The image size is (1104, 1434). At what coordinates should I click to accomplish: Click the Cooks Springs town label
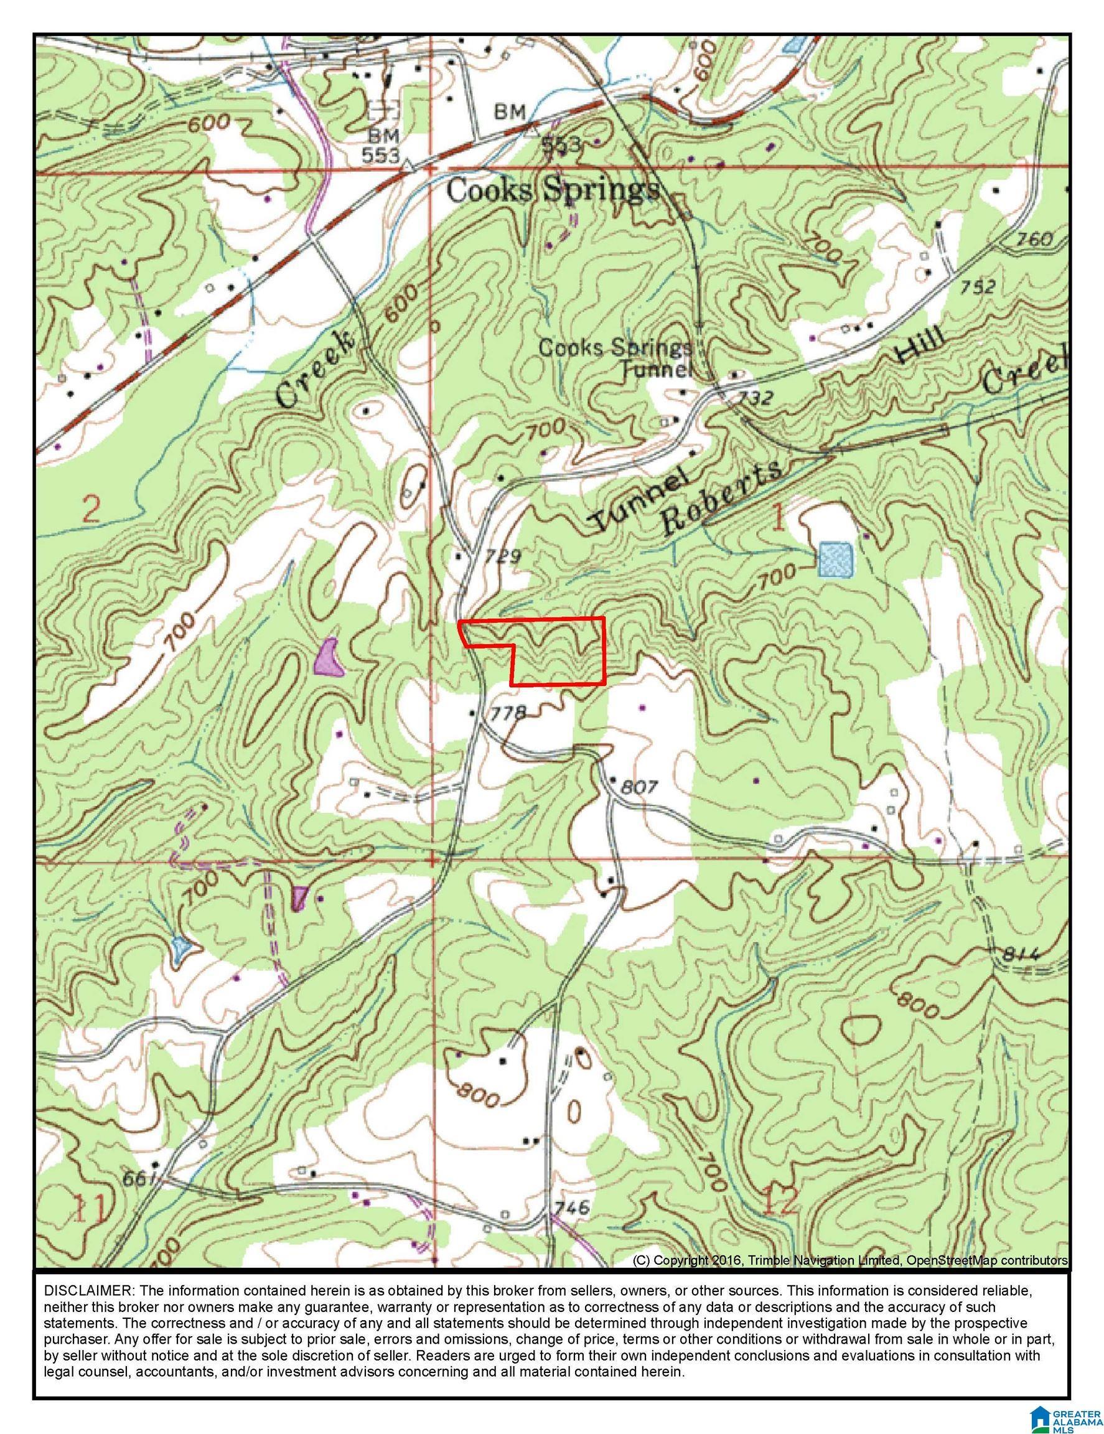(x=552, y=191)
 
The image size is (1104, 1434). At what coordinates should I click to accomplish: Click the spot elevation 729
(x=503, y=558)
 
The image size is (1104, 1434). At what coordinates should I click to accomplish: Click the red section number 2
(x=91, y=509)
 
